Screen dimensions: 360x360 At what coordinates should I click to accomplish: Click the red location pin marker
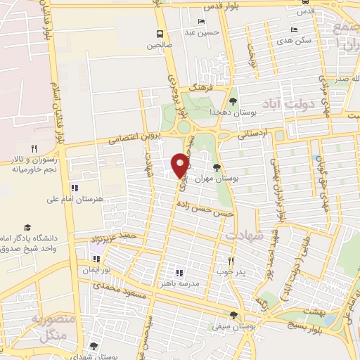[181, 165]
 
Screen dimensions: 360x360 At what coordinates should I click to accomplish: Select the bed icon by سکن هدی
[294, 30]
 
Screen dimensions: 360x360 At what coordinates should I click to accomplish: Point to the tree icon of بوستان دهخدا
[233, 102]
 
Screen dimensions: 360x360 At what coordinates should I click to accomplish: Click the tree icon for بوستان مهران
[216, 167]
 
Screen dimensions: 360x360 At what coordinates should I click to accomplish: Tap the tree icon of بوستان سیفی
[234, 316]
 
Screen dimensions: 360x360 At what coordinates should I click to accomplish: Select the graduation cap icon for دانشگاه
[27, 228]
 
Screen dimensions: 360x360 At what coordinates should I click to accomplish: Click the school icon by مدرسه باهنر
[179, 272]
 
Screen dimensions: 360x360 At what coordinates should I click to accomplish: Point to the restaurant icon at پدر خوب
[230, 259]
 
